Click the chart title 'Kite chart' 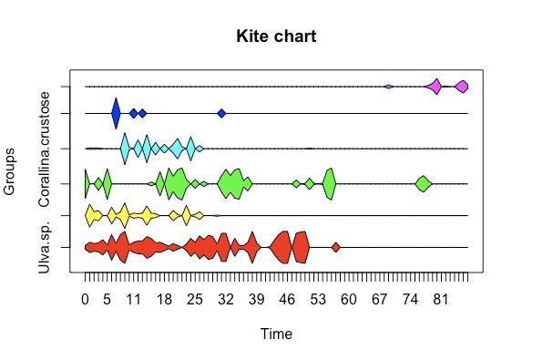tap(276, 36)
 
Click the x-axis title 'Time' tap(276, 334)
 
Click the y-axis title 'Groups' tap(10, 170)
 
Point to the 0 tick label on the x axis tap(86, 298)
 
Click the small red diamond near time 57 tap(336, 247)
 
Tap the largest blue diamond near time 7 tap(116, 113)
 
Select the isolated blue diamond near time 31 tap(221, 113)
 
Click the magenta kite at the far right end tap(462, 87)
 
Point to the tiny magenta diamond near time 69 tap(389, 87)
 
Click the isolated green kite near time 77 tap(423, 183)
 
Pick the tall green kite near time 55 tap(329, 183)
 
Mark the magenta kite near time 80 tap(436, 87)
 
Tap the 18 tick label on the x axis tap(165, 298)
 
